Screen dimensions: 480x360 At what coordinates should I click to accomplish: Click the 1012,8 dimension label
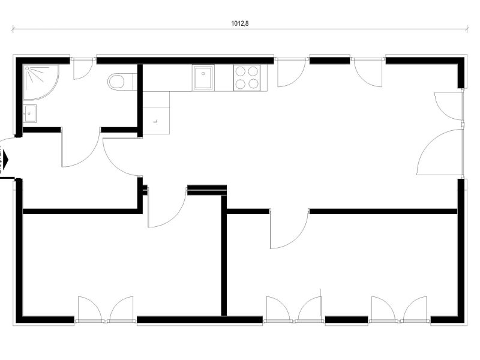[239, 23]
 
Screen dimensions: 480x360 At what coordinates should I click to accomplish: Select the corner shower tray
[41, 82]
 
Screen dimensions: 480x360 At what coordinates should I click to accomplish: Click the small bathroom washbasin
[29, 113]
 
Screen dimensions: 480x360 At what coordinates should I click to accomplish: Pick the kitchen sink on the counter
[203, 77]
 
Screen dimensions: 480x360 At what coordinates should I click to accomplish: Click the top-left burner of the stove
[241, 71]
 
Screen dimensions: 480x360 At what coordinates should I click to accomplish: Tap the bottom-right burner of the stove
[253, 83]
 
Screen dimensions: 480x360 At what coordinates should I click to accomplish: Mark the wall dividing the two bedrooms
[224, 256]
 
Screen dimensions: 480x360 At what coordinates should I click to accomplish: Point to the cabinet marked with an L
[156, 121]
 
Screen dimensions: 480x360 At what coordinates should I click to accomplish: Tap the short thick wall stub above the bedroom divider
[207, 190]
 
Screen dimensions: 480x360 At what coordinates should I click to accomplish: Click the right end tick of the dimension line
[467, 29]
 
